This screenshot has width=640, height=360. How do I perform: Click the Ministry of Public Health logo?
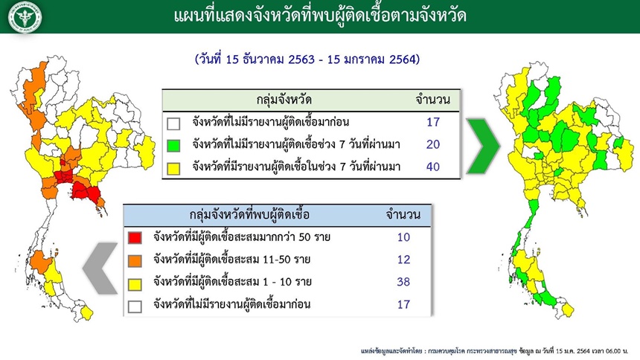pos(25,17)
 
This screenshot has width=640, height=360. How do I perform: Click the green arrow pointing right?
pos(484,146)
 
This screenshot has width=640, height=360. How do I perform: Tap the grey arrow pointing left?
pos(100,268)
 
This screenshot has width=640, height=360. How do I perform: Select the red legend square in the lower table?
pos(135,237)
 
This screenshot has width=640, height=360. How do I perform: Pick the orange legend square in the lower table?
pos(135,260)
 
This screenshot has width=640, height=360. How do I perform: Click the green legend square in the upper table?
pos(173,145)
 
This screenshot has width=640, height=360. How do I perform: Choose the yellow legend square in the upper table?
pos(173,168)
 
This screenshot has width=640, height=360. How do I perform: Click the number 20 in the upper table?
pos(432,144)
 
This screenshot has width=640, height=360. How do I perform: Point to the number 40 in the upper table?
pos(432,167)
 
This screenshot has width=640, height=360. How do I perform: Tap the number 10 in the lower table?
pos(403,237)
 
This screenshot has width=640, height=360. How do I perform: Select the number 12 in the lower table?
pos(403,260)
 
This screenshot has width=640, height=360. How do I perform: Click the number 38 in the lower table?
pos(403,282)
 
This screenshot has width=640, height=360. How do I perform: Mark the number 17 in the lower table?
pos(403,304)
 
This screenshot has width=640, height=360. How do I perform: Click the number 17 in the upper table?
pos(432,122)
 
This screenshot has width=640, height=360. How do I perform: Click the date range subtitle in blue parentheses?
pos(307,60)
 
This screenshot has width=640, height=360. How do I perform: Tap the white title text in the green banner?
pos(320,16)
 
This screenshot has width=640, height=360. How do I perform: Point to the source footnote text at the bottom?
pos(494,351)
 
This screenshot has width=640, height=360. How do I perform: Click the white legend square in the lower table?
pos(135,306)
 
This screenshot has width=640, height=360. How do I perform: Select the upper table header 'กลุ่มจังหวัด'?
pos(284,100)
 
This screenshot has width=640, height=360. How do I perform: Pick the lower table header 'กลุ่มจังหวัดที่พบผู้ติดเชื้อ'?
pos(249,215)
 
